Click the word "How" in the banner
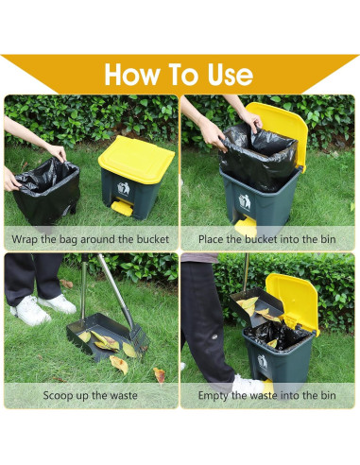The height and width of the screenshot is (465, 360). coord(132,75)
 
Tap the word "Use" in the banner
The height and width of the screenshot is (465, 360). coord(231,75)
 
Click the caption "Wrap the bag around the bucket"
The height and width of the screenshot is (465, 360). coord(91,239)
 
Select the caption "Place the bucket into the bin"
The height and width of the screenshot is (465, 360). coord(266,239)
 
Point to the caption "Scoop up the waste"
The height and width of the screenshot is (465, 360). coord(91,395)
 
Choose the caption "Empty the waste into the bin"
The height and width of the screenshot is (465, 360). coord(266,395)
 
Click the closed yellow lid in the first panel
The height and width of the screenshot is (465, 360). coord(136,160)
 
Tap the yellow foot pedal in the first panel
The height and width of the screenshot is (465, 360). coord(122,208)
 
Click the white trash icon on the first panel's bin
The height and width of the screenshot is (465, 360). coord(124,188)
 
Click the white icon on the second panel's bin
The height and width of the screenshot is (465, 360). coord(245,202)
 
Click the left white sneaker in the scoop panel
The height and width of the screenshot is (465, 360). coord(30,310)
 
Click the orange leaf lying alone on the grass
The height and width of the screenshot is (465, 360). coord(160,375)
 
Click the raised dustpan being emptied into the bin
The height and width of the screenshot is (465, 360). coord(257,306)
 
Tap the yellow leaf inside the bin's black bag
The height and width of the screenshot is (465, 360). coord(272,343)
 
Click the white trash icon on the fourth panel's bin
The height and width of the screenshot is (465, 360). coord(263,361)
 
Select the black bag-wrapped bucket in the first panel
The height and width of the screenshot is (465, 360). coord(47,191)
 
